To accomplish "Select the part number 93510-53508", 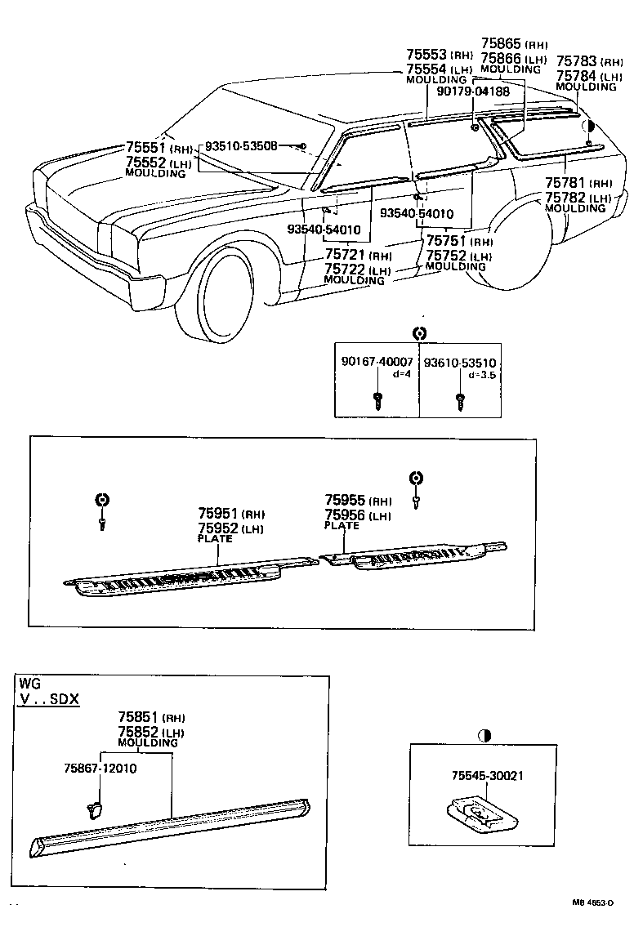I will click(x=241, y=146).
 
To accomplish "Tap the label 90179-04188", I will click(x=473, y=92).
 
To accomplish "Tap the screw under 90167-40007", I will click(x=377, y=400).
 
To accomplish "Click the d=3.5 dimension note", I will click(x=483, y=375).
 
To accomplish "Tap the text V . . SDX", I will click(x=50, y=700).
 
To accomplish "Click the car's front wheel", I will click(x=215, y=296).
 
